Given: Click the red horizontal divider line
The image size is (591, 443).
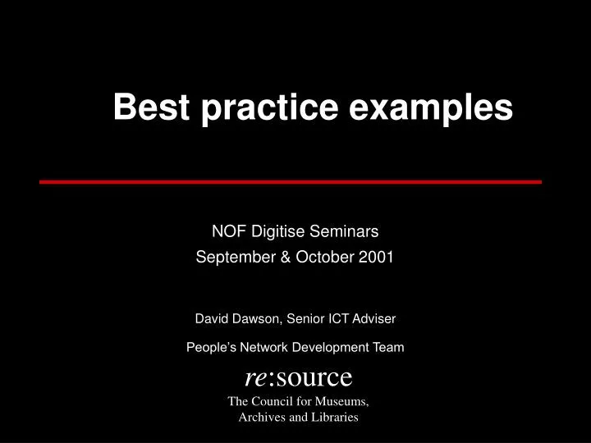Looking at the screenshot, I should tap(291, 181).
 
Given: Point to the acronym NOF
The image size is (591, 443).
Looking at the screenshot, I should tap(227, 233).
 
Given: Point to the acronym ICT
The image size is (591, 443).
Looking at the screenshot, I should tap(342, 317).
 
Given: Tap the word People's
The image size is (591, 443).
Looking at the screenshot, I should tap(208, 347).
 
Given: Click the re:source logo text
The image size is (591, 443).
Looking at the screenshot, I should tap(298, 377).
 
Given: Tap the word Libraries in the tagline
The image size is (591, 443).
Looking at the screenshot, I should tap(332, 417).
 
